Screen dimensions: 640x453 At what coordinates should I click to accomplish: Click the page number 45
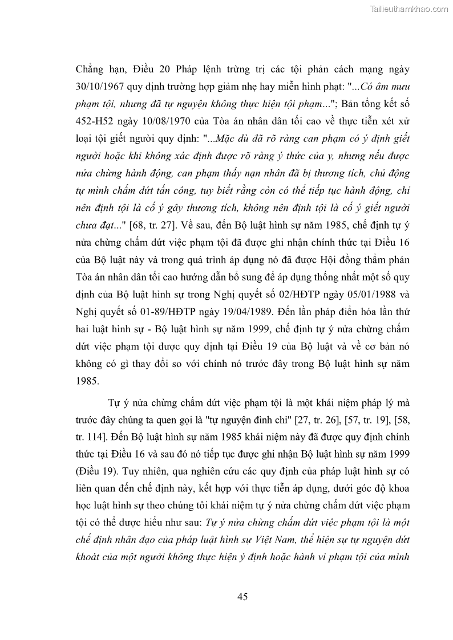click(242, 597)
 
